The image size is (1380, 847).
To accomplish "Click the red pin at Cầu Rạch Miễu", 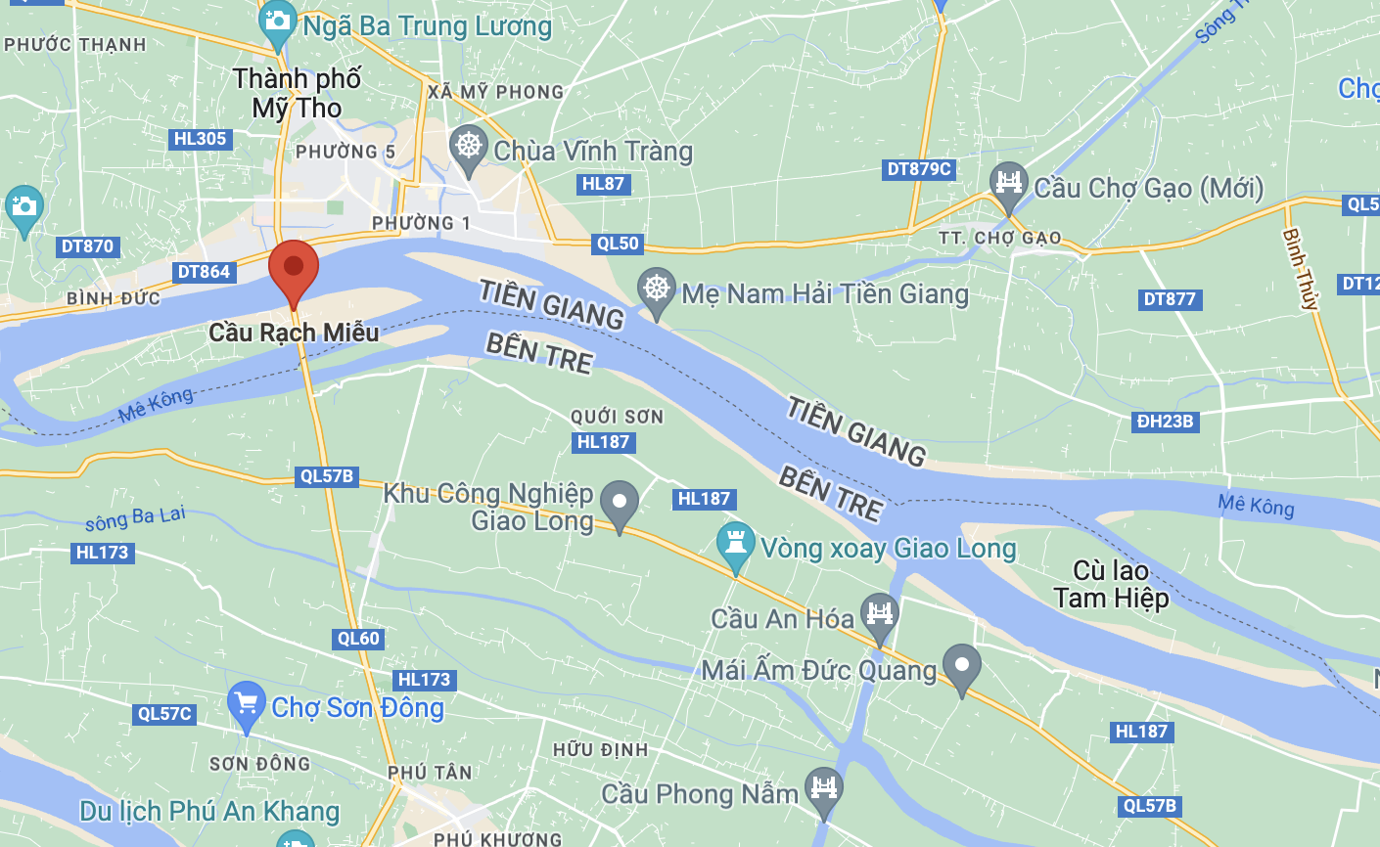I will (293, 267).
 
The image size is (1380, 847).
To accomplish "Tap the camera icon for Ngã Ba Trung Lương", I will (277, 22).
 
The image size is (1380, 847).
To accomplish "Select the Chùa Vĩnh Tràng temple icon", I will (469, 147).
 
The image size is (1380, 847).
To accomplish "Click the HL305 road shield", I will (201, 139).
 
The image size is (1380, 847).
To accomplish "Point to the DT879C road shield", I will (919, 169).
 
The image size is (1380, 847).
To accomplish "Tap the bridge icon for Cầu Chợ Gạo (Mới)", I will (1007, 183).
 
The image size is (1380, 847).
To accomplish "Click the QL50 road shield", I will (618, 244).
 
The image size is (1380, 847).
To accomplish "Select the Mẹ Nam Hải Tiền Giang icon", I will (657, 289).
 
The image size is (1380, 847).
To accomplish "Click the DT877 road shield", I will (1170, 299).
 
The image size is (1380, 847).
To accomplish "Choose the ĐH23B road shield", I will (1165, 422).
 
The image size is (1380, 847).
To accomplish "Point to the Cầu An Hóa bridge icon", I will (879, 614).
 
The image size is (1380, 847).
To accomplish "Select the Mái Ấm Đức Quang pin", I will (961, 666).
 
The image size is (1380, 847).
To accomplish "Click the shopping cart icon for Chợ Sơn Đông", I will (246, 702).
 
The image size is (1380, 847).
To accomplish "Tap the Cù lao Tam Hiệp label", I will (1111, 584).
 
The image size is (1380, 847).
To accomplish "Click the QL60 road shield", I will (358, 639).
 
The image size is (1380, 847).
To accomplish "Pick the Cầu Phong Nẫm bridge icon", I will (823, 787).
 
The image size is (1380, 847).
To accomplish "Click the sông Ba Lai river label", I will (135, 518).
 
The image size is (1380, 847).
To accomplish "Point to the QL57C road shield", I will (164, 714).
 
